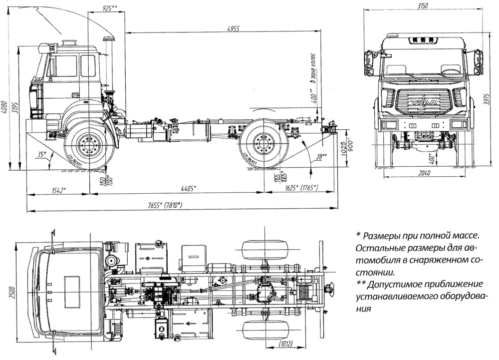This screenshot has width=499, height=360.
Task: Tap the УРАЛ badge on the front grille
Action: click(422, 103)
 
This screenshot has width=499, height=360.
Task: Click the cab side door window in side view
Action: click(65, 66)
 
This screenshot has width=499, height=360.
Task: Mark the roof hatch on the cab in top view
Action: click(74, 290)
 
